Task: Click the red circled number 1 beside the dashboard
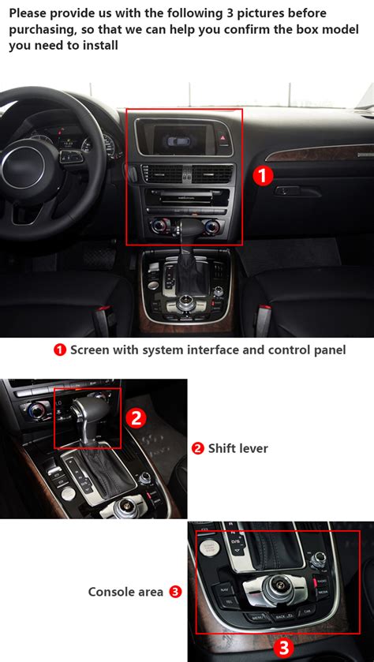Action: [x=262, y=175]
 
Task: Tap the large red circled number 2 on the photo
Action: [x=136, y=417]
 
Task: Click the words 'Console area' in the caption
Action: [x=125, y=591]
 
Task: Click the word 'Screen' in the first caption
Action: [x=88, y=350]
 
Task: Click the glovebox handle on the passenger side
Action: [x=286, y=191]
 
